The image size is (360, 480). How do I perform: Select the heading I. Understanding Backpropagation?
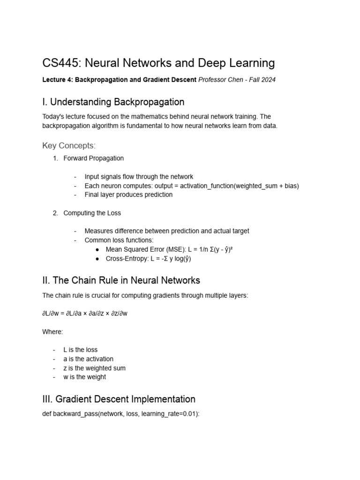[113, 102]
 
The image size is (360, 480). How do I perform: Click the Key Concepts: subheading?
[69, 146]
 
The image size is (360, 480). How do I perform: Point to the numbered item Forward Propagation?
[93, 158]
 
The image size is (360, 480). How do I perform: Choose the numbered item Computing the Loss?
[92, 213]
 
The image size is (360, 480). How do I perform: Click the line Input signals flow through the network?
[139, 177]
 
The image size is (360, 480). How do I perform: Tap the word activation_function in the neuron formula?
[210, 186]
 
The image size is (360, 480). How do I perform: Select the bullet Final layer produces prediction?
[128, 195]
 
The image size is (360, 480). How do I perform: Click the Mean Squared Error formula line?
[169, 249]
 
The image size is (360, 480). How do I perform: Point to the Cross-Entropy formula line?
[149, 258]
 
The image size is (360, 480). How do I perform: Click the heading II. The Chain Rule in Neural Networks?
[121, 280]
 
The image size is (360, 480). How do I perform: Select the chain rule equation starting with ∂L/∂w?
[85, 313]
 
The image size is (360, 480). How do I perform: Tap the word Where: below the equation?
[52, 331]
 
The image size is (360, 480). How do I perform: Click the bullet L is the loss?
[80, 350]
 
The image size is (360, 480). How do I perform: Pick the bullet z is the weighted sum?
[94, 368]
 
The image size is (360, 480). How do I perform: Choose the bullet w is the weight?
[84, 377]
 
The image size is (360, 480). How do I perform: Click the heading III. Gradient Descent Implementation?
[119, 399]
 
